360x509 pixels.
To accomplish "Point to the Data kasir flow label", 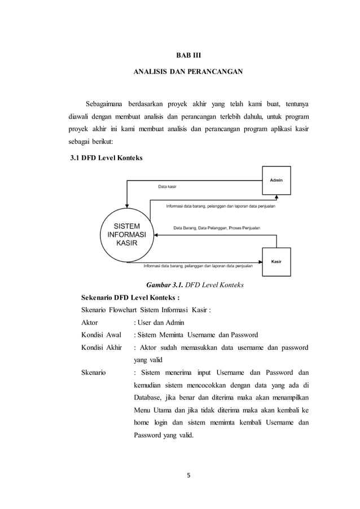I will click(x=166, y=186).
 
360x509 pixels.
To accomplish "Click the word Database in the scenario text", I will click(x=149, y=397).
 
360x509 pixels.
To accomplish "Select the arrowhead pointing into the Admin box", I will click(x=276, y=197).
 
